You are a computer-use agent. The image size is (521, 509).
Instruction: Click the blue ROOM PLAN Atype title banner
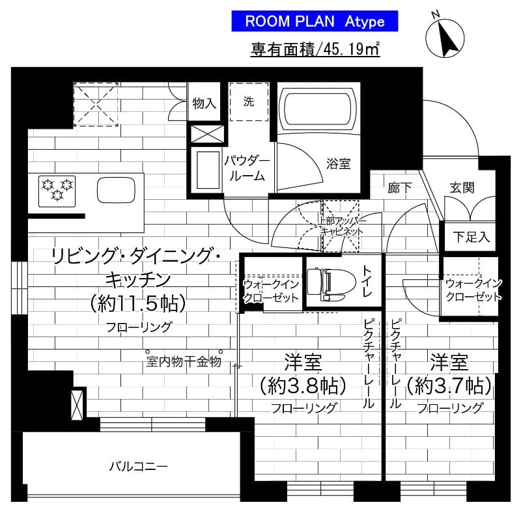tap(315, 21)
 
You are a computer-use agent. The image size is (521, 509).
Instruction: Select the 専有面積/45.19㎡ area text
tap(315, 49)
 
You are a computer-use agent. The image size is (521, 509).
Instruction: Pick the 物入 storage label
tap(204, 103)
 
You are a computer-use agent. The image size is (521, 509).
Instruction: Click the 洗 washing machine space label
tap(248, 102)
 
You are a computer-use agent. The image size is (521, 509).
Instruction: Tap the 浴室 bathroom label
tap(338, 164)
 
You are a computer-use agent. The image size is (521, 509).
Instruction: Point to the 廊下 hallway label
tap(399, 188)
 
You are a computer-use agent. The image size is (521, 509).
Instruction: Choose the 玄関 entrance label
tap(461, 187)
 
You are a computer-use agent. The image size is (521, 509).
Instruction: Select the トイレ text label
tap(367, 282)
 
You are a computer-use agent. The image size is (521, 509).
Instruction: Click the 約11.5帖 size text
tap(138, 303)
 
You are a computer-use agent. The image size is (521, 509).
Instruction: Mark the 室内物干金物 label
tap(183, 361)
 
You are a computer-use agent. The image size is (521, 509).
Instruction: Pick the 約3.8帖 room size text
tap(302, 386)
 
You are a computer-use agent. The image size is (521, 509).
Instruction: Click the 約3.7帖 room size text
tap(449, 386)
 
